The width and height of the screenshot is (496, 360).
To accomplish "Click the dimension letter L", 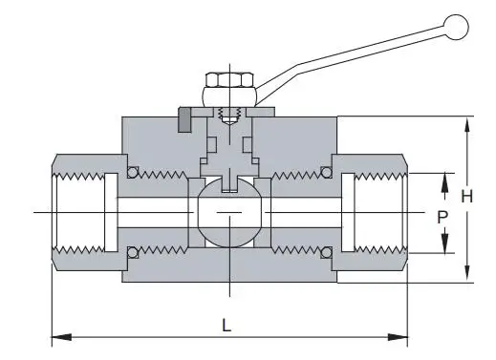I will pyautogui.click(x=226, y=324).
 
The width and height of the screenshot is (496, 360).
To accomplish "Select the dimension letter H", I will pyautogui.click(x=466, y=197).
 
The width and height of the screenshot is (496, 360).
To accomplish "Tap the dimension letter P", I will pyautogui.click(x=442, y=218).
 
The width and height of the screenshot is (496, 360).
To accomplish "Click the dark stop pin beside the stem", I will pyautogui.click(x=182, y=121).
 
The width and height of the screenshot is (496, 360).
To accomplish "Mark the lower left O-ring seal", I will pyautogui.click(x=133, y=251).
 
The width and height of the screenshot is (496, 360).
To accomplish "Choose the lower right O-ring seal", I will pyautogui.click(x=326, y=251).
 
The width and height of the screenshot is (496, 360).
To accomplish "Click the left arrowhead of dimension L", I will pyautogui.click(x=56, y=336).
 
